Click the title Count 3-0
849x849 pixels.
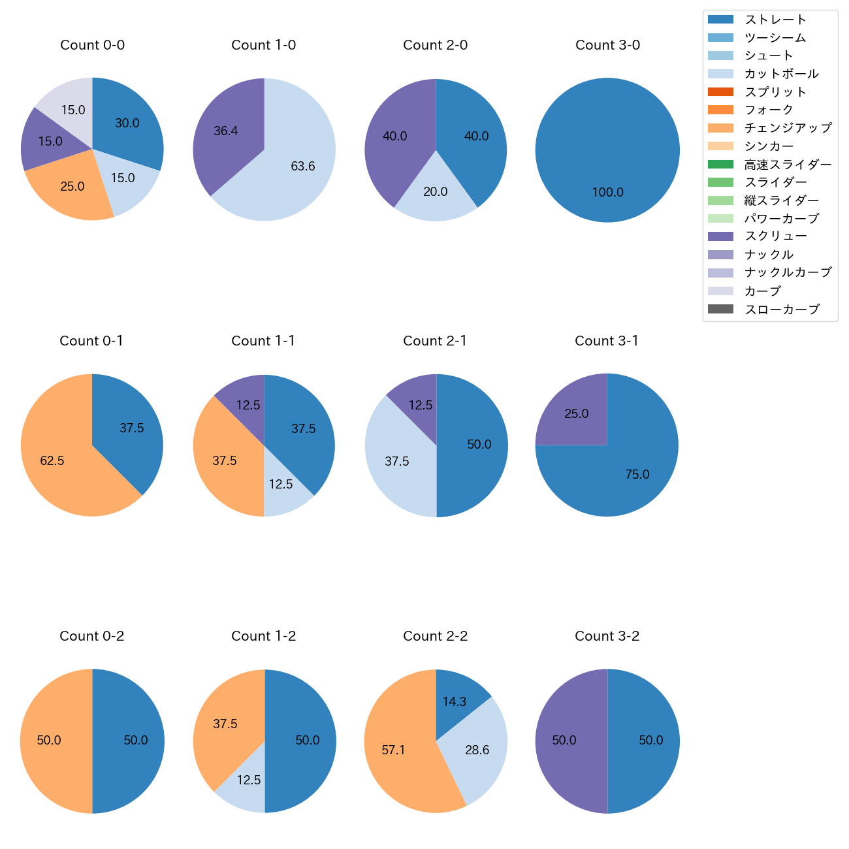607,45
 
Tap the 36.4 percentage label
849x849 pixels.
226,131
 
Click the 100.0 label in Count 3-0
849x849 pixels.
608,193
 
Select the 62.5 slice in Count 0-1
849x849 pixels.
56,464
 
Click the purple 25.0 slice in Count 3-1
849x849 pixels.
575,411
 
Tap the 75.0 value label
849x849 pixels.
637,475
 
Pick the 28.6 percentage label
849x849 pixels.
477,750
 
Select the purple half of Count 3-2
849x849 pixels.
568,741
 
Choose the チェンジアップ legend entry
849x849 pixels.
788,128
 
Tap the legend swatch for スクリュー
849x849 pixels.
720,236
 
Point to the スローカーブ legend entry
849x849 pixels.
781,310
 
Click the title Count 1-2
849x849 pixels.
264,636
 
